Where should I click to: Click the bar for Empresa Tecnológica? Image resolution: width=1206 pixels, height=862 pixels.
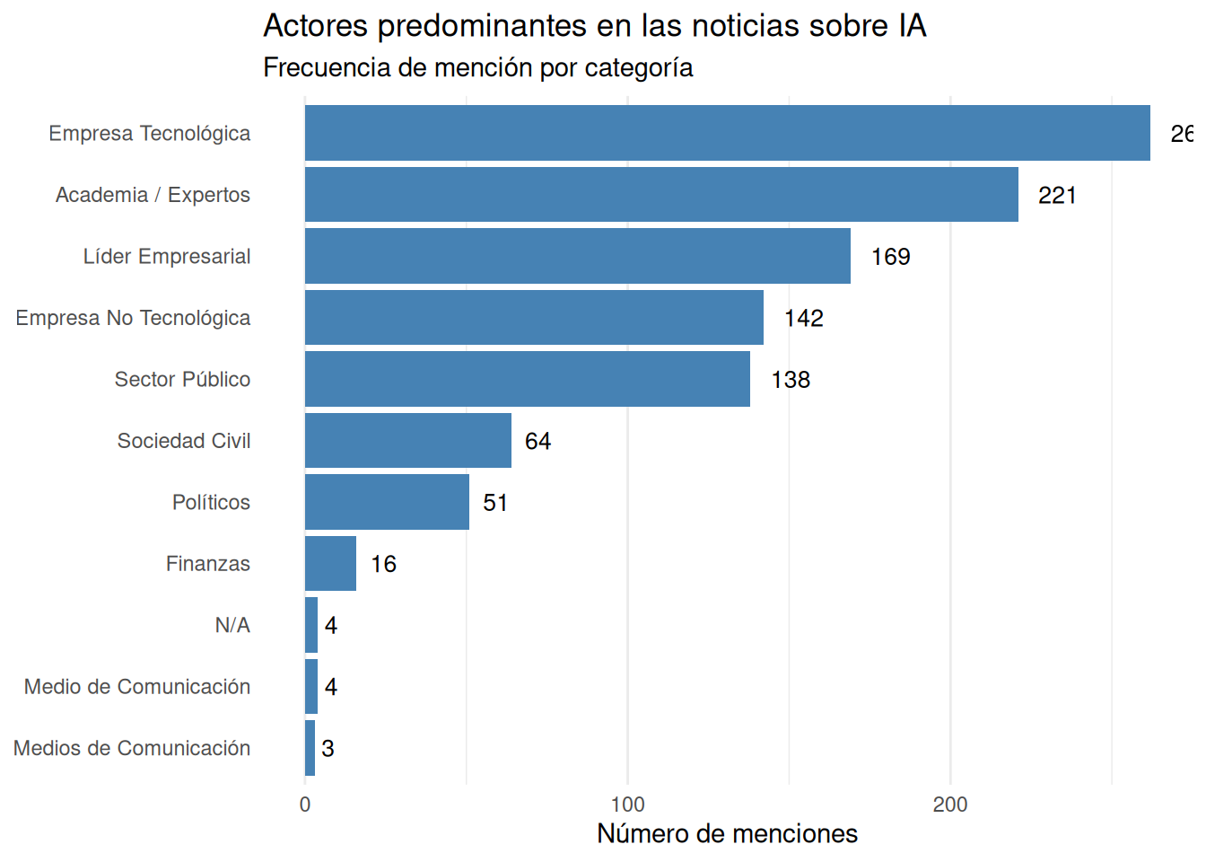click(x=727, y=133)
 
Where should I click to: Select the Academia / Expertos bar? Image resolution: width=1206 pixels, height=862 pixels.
click(x=661, y=195)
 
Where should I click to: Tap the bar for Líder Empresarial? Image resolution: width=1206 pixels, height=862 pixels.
click(x=577, y=256)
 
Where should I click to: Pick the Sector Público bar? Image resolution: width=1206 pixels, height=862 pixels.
click(x=527, y=379)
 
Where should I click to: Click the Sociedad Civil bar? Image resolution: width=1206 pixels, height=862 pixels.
click(x=407, y=441)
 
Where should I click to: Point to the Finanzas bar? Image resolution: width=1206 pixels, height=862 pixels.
click(x=330, y=564)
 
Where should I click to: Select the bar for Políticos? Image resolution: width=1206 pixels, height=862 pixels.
click(x=387, y=502)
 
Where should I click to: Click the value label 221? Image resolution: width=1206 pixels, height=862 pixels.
click(x=1057, y=196)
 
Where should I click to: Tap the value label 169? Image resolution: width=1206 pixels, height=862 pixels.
click(x=890, y=257)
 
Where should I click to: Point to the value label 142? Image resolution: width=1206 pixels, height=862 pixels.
click(x=803, y=319)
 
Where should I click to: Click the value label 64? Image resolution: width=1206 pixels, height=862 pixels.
click(x=537, y=442)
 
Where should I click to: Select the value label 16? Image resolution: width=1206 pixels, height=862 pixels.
click(x=383, y=565)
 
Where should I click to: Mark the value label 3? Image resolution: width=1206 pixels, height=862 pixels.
click(x=328, y=749)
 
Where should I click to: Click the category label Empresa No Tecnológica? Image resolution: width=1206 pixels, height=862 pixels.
click(x=133, y=318)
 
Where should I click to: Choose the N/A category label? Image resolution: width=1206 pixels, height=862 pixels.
click(x=232, y=625)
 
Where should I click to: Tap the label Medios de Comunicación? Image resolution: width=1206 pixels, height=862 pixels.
click(x=132, y=748)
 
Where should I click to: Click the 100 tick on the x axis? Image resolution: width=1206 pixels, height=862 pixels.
click(x=627, y=805)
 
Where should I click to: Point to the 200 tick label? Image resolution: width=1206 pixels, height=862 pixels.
click(x=949, y=805)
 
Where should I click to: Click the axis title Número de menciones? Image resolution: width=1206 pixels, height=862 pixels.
click(x=727, y=834)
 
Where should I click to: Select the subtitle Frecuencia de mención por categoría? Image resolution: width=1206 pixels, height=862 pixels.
click(x=477, y=68)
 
